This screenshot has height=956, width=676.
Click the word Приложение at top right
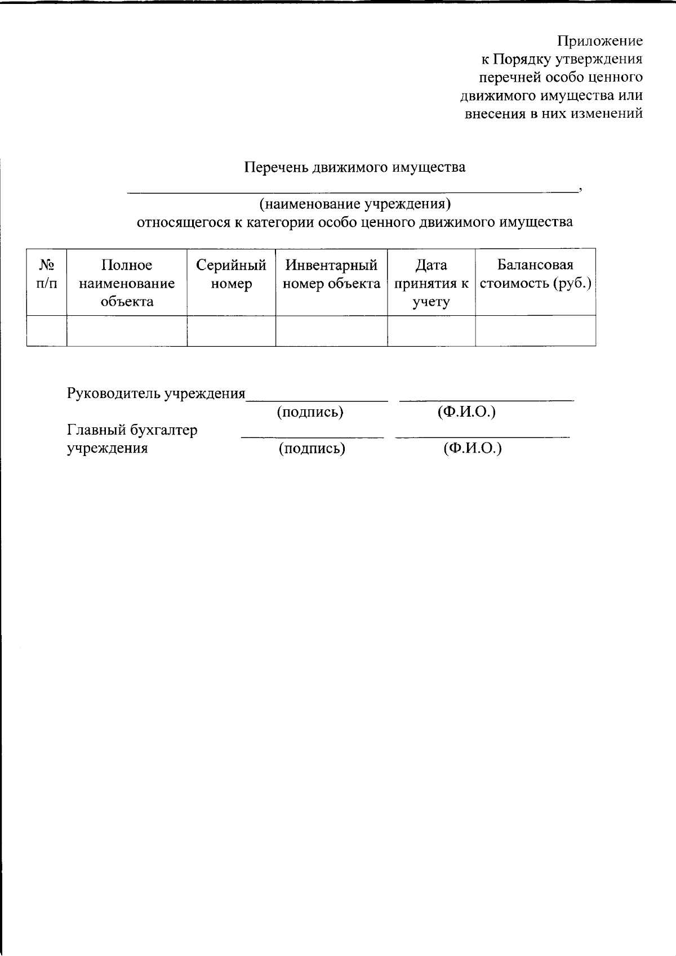(599, 41)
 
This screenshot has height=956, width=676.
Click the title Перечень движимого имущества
(355, 167)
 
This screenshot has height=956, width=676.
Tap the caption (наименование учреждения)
(355, 203)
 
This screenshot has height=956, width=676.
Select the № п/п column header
(47, 274)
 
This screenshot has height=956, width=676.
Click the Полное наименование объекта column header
(127, 283)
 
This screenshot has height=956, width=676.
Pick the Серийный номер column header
(231, 274)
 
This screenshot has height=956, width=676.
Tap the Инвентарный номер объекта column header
(331, 274)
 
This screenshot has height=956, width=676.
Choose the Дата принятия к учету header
(431, 283)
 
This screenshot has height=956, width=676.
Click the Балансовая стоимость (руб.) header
(535, 274)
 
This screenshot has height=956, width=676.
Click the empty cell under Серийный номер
(231, 330)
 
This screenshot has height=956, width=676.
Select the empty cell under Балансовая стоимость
(535, 330)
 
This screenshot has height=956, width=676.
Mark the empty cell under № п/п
(47, 330)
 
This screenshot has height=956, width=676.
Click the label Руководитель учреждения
(156, 393)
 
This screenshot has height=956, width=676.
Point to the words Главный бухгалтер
(132, 430)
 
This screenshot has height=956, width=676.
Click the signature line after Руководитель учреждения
(317, 399)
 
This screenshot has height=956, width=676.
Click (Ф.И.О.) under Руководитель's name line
(466, 412)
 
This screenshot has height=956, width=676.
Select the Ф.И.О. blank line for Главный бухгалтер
(482, 435)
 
